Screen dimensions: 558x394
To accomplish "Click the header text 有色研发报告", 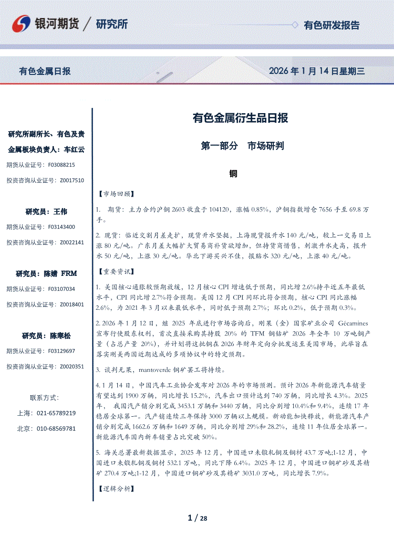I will click(332, 25).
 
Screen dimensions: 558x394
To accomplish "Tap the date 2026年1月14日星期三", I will click(317, 71).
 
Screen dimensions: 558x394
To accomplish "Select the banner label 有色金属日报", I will click(45, 71).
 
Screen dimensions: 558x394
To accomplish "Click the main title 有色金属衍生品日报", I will click(240, 117).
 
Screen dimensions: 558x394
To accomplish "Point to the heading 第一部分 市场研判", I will click(243, 146).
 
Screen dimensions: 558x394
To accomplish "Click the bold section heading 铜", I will click(233, 174).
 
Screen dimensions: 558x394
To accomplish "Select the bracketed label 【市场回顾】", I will click(115, 194).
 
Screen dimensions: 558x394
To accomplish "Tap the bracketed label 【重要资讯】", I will click(115, 272).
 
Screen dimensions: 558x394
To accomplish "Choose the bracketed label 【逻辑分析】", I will click(115, 489).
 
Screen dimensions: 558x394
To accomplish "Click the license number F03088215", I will click(62, 165).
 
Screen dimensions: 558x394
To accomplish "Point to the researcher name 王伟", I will click(61, 211).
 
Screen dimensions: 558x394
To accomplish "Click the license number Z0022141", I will click(72, 242).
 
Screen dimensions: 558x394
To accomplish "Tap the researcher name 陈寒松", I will click(60, 336).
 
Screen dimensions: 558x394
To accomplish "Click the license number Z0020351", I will click(72, 367).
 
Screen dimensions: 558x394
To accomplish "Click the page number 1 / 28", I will click(197, 518).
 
